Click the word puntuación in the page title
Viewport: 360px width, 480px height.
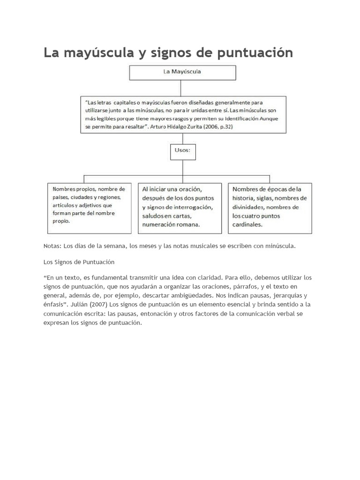coord(255,53)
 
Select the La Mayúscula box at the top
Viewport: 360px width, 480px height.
coord(182,73)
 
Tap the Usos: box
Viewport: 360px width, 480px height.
coord(182,151)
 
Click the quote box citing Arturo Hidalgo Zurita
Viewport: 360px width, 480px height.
coord(182,114)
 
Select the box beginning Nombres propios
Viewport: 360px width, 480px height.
coord(89,208)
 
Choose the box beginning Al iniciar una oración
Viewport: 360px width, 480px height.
coord(180,208)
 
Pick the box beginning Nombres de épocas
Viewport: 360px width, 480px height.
coord(270,208)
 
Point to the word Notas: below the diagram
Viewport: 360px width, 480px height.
coord(52,246)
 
